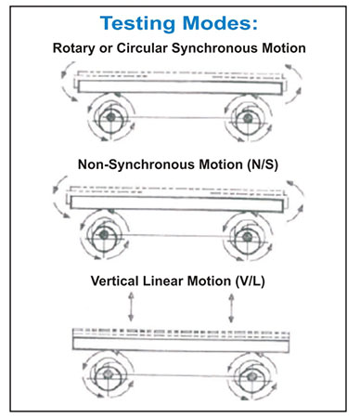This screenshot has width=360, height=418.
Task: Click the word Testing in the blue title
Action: (137, 23)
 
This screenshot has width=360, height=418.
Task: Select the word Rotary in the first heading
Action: (73, 48)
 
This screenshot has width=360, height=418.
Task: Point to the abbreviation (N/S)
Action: (263, 164)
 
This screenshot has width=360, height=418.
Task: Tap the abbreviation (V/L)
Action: (250, 281)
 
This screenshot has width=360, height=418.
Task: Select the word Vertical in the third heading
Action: (114, 281)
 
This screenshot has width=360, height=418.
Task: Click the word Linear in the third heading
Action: (163, 281)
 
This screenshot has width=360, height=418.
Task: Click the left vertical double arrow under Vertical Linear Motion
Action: (131, 307)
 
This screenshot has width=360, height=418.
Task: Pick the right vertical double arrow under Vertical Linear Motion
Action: (231, 308)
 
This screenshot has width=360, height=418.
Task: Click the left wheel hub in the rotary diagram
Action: (110, 117)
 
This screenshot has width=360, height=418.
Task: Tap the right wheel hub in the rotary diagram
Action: (248, 118)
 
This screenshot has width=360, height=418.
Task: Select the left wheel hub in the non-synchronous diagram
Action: (104, 234)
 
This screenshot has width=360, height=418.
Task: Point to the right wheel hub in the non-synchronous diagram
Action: (247, 237)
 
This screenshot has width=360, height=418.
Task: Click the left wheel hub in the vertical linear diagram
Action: (108, 374)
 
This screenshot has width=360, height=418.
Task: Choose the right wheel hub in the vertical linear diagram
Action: (251, 377)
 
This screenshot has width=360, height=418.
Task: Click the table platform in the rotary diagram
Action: (180, 87)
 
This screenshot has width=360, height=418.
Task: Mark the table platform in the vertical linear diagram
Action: (181, 345)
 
